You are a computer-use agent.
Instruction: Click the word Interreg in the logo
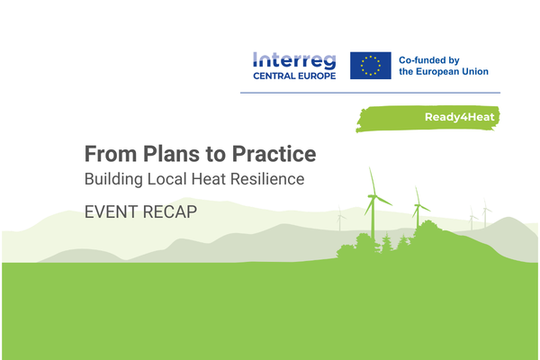[x=293, y=61]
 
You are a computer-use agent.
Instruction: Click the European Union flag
[x=370, y=66]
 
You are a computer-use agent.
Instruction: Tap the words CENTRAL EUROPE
[x=293, y=77]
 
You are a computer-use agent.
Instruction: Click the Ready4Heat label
[x=459, y=118]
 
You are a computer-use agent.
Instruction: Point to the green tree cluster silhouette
[x=364, y=245]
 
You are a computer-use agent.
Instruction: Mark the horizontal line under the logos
[x=371, y=92]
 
